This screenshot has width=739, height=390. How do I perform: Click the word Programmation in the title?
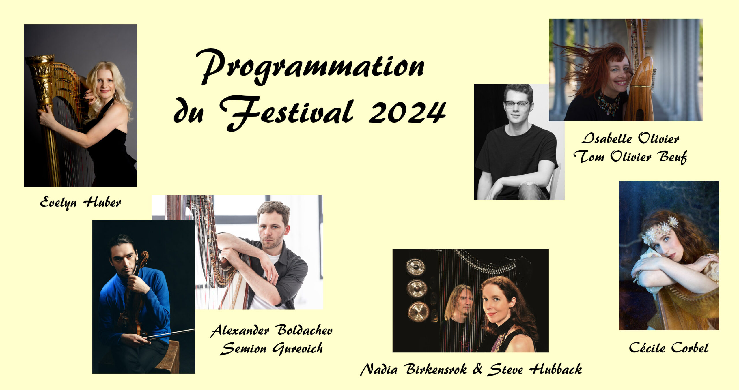pos(310,67)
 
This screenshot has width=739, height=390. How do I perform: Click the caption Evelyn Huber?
pos(80,202)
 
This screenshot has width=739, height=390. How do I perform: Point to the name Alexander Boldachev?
pos(272,330)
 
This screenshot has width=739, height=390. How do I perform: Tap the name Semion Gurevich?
pos(271,348)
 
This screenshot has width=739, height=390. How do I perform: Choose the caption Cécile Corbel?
pos(669,348)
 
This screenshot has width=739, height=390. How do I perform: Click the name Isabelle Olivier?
pos(630,138)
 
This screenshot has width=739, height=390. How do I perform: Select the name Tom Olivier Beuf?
pos(630,157)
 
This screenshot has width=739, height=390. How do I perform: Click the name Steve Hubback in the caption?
pos(535,370)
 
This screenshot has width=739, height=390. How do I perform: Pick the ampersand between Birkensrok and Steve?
pos(477,369)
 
